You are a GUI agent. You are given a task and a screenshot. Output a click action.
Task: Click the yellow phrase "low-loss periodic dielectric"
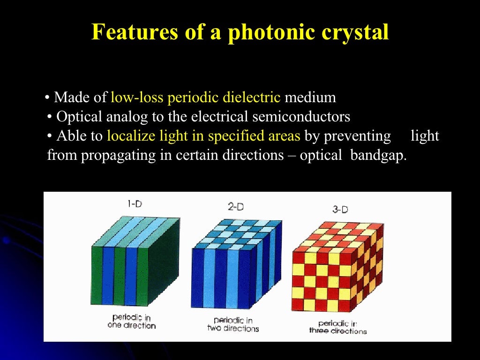click(195, 97)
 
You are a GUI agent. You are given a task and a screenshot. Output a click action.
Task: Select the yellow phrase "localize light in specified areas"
click(203, 136)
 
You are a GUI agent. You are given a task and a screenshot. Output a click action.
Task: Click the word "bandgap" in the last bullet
click(378, 156)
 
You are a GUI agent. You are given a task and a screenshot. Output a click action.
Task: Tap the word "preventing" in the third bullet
click(348, 136)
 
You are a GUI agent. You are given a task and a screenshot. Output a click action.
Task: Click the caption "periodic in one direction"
click(132, 322)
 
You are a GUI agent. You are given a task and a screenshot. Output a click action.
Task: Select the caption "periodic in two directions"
click(233, 324)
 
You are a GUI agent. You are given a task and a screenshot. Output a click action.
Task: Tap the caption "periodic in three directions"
click(338, 327)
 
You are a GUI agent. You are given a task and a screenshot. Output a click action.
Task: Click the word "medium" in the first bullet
click(310, 97)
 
